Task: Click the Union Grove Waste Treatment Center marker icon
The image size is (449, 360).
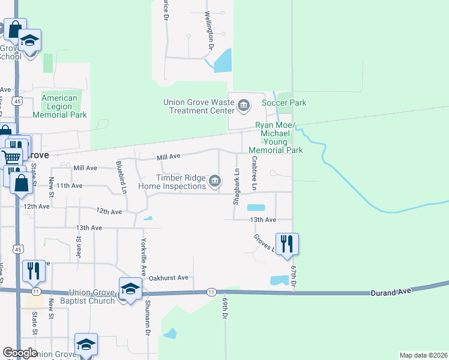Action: pyautogui.click(x=244, y=106)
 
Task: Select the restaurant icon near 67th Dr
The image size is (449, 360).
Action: pyautogui.click(x=287, y=244)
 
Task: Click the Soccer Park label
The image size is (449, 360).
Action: pyautogui.click(x=285, y=103)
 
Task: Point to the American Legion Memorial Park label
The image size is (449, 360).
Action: pyautogui.click(x=59, y=106)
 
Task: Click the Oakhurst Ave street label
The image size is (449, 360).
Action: pyautogui.click(x=169, y=278)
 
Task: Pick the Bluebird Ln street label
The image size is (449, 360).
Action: pyautogui.click(x=122, y=177)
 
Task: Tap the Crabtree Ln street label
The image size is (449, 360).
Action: pyautogui.click(x=255, y=173)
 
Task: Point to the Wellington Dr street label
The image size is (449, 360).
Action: pyautogui.click(x=209, y=29)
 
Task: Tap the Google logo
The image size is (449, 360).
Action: pyautogui.click(x=20, y=353)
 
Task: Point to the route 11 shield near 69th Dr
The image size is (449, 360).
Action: pyautogui.click(x=211, y=292)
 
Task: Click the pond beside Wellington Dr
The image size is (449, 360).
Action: pyautogui.click(x=223, y=61)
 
